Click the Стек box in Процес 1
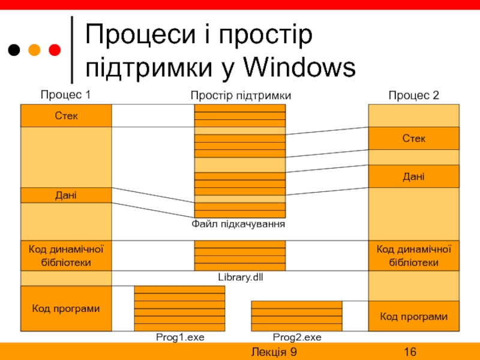pyautogui.click(x=66, y=116)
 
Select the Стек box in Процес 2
pyautogui.click(x=413, y=139)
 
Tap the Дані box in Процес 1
pyautogui.click(x=66, y=195)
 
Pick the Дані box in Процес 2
pyautogui.click(x=413, y=176)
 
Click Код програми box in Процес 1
pyautogui.click(x=66, y=308)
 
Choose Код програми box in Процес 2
pyautogui.click(x=413, y=316)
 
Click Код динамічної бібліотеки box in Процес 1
pyautogui.click(x=66, y=256)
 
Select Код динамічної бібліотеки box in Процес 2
pyautogui.click(x=413, y=256)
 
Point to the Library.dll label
pyautogui.click(x=240, y=278)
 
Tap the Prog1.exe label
pyautogui.click(x=180, y=338)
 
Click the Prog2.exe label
pyautogui.click(x=297, y=338)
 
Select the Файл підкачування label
pyautogui.click(x=238, y=224)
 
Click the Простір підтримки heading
pyautogui.click(x=241, y=95)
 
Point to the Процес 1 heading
pyautogui.click(x=65, y=95)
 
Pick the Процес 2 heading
pyautogui.click(x=413, y=95)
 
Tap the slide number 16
pyautogui.click(x=410, y=352)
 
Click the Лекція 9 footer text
pyautogui.click(x=274, y=352)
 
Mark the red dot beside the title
pyautogui.click(x=55, y=49)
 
